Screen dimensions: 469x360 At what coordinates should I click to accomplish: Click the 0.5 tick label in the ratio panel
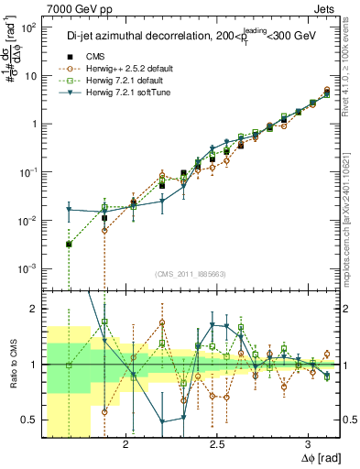(x=29, y=420)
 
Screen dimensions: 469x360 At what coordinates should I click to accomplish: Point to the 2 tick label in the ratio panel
(x=33, y=309)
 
